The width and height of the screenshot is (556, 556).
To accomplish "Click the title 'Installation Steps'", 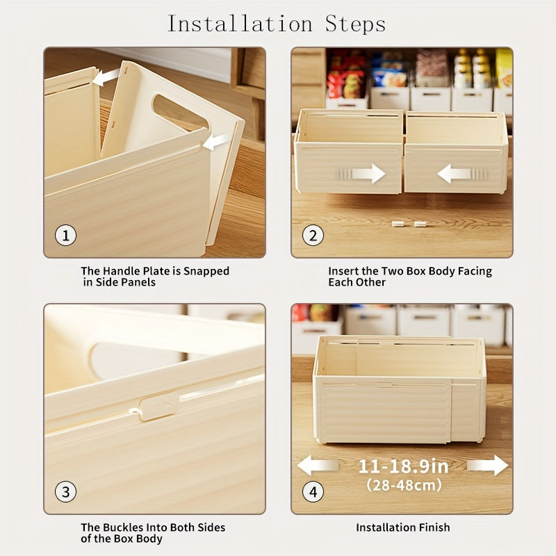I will point(277,24).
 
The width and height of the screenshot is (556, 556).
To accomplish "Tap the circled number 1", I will point(65,236).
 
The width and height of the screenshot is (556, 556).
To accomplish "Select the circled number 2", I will point(313,236).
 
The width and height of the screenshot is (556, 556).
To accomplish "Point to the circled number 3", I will point(65,492).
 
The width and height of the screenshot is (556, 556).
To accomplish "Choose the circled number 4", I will point(313,492).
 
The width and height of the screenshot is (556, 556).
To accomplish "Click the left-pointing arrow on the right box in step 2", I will point(456,173).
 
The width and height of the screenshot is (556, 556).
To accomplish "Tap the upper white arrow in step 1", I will point(106,77).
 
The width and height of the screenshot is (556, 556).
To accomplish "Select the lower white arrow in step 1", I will point(217,141).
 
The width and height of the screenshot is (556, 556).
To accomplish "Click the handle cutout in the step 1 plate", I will point(179,111).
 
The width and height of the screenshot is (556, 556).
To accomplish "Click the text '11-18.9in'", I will point(403,466).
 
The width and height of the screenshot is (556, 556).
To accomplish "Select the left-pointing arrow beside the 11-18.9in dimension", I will point(317,466).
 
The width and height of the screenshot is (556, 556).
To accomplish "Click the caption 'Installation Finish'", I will point(402,528).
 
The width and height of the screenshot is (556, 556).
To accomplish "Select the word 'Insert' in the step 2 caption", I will point(343,271).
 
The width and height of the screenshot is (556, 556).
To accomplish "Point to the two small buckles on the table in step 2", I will point(409,224).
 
